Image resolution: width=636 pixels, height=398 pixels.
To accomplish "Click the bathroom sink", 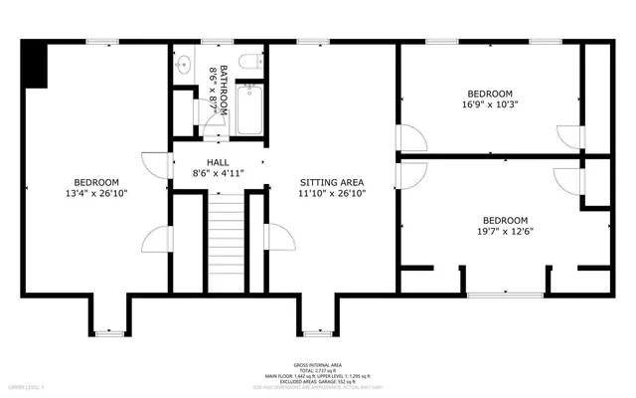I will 182,66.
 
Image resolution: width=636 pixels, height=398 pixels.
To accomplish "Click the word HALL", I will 218,161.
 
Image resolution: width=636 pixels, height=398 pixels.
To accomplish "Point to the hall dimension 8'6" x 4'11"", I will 218,173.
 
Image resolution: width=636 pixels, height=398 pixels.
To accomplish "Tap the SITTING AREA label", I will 333,182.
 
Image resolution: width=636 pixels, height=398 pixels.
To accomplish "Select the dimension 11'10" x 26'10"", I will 333,194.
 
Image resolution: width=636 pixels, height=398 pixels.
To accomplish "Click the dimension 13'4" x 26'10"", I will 96,194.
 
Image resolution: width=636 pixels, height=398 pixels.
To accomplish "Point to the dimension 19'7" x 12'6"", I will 505,233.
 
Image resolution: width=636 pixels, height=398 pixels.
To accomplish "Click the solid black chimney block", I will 35,65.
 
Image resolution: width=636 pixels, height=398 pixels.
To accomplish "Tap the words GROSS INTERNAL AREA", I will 318,363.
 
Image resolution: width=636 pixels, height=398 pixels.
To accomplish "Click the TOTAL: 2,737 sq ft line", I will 318,369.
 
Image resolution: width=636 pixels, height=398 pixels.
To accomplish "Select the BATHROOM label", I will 225,87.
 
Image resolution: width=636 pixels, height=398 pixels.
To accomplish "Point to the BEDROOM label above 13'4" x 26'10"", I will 96,182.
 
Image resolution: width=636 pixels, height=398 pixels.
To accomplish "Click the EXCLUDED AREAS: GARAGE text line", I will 318,381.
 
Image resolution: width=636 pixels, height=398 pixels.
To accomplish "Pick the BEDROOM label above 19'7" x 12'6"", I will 505,221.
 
